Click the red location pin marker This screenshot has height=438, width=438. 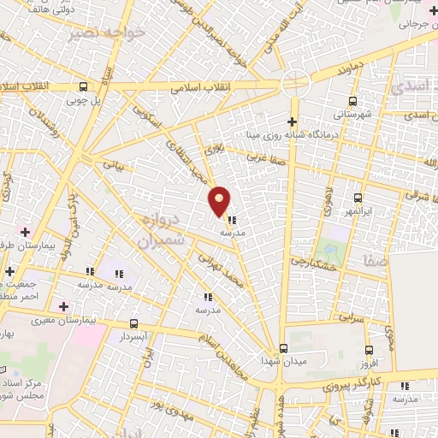(220, 200)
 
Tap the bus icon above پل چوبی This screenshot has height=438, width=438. (83, 86)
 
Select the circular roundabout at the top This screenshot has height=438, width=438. (295, 84)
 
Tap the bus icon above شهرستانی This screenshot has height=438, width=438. (329, 101)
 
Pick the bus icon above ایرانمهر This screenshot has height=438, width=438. (358, 198)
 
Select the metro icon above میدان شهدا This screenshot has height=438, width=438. (283, 348)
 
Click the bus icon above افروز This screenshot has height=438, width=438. (370, 350)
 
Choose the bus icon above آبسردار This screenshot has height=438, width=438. (133, 323)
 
